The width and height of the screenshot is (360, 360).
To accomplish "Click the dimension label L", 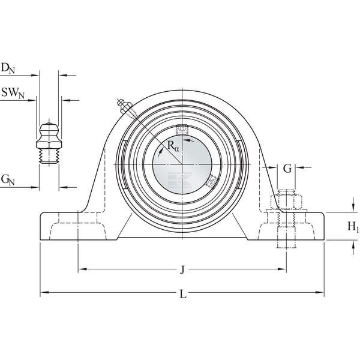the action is point(183,293).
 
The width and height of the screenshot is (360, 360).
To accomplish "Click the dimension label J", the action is point(182,270).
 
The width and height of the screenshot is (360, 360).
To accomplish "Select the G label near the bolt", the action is point(287,169).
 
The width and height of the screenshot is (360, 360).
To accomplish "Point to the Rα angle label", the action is point(173,146).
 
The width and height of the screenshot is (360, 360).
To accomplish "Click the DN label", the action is point(8,68).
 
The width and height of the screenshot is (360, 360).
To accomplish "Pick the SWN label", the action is point(13,93).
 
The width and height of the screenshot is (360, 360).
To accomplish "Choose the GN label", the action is point(8,179).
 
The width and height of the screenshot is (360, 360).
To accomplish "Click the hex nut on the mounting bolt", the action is point(286,203).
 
